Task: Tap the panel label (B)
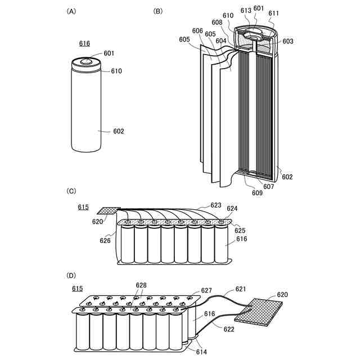[158, 11]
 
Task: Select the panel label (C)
[71, 191]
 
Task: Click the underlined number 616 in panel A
[84, 43]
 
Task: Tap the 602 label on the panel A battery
[118, 132]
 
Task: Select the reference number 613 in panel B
[246, 10]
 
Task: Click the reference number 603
[287, 41]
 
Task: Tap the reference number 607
[268, 187]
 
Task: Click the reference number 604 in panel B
[222, 40]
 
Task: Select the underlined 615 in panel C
[83, 208]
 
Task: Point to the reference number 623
[216, 205]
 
